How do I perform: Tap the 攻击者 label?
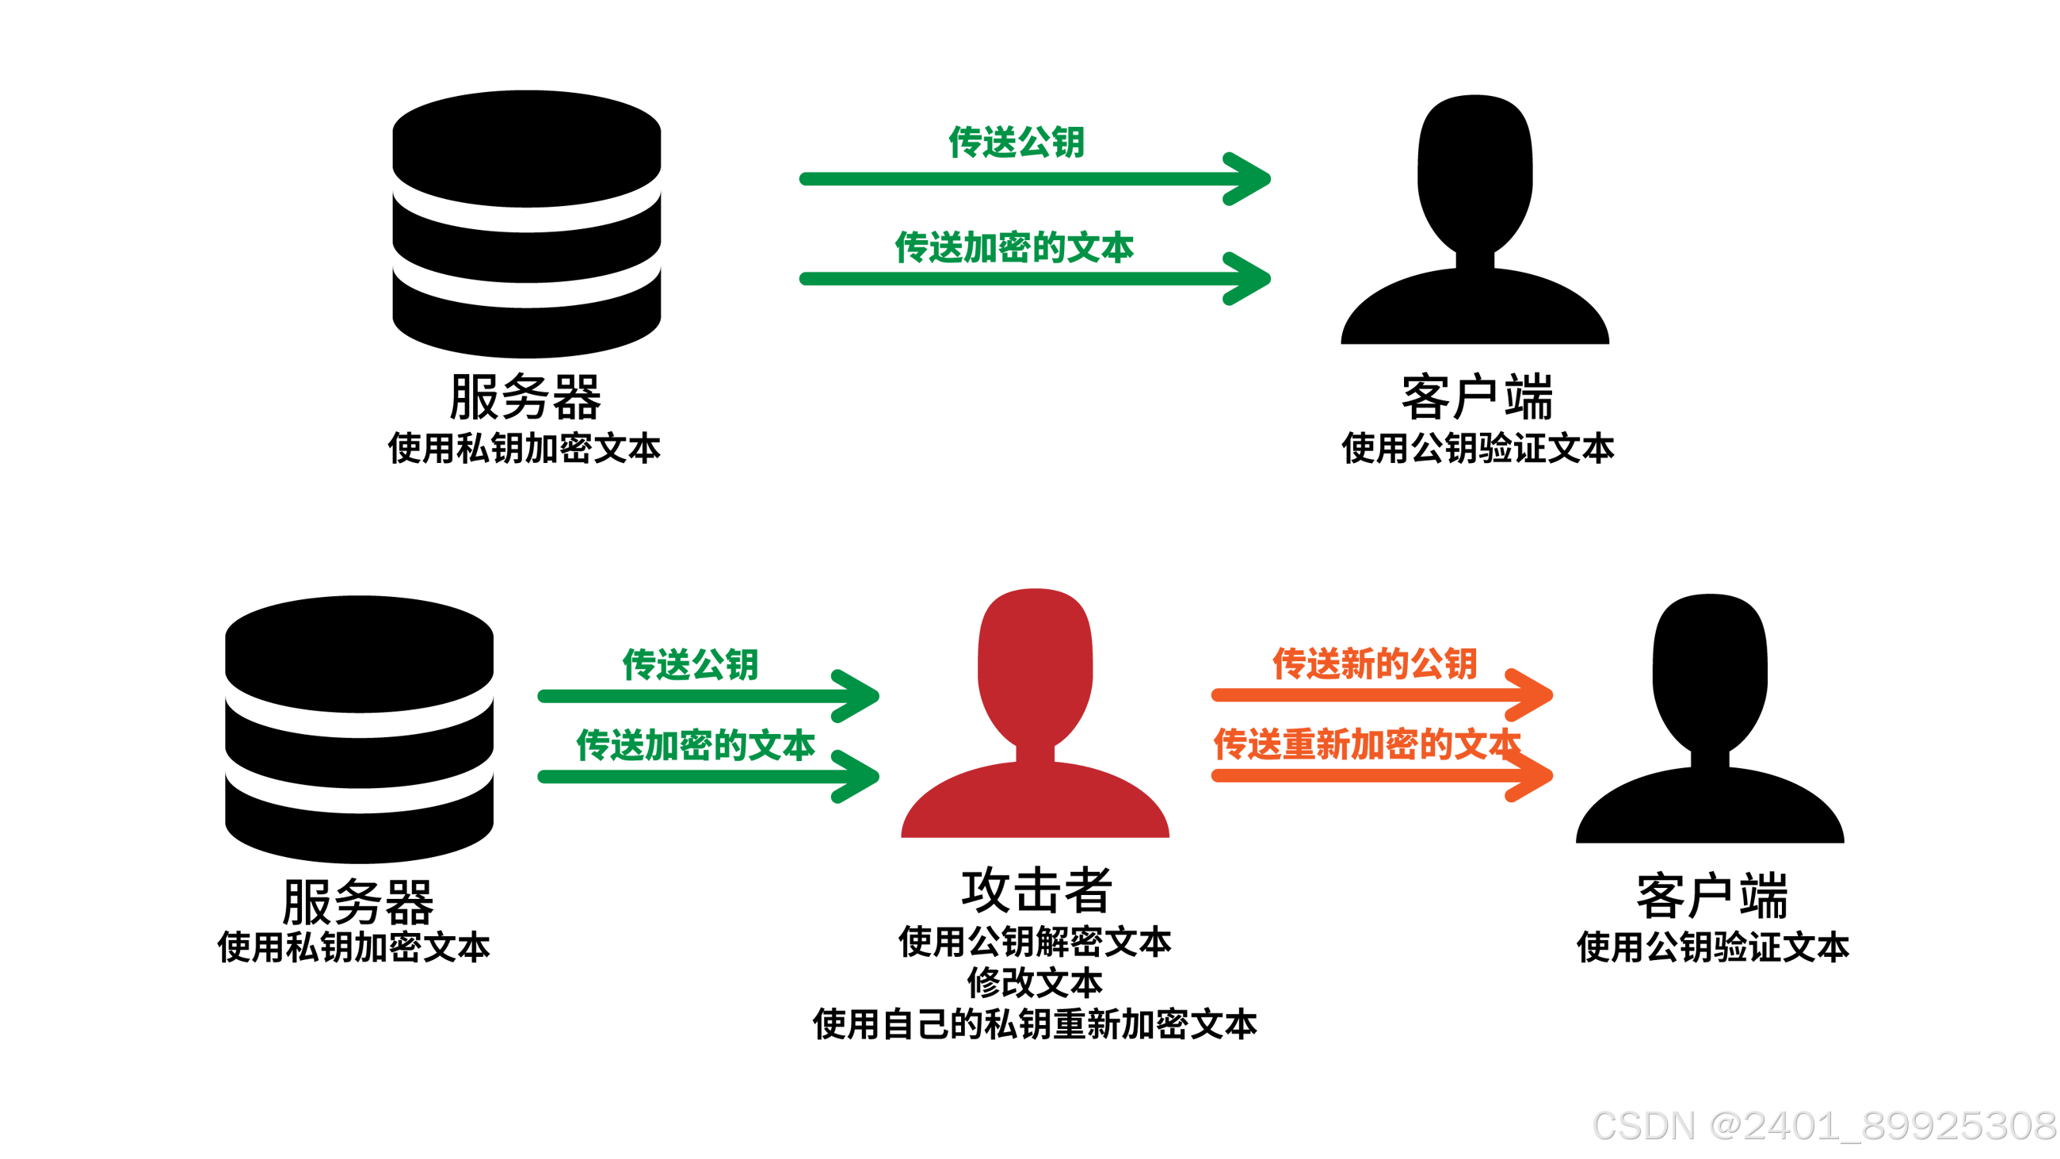(1036, 889)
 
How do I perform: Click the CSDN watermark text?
(1823, 1126)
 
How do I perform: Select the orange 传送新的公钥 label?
(1375, 664)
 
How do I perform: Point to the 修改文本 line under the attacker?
(1035, 983)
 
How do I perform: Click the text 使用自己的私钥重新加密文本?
(1035, 1024)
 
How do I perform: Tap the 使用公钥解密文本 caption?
(1035, 943)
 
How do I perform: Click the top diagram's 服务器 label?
(525, 397)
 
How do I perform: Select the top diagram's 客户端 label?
(1477, 397)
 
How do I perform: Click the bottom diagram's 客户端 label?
(1712, 897)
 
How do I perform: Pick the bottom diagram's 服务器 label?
(358, 901)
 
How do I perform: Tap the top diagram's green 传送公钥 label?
(1016, 143)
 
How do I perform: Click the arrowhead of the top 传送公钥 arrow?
(1249, 179)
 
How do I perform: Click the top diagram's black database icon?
(526, 224)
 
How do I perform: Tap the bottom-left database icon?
(359, 729)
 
